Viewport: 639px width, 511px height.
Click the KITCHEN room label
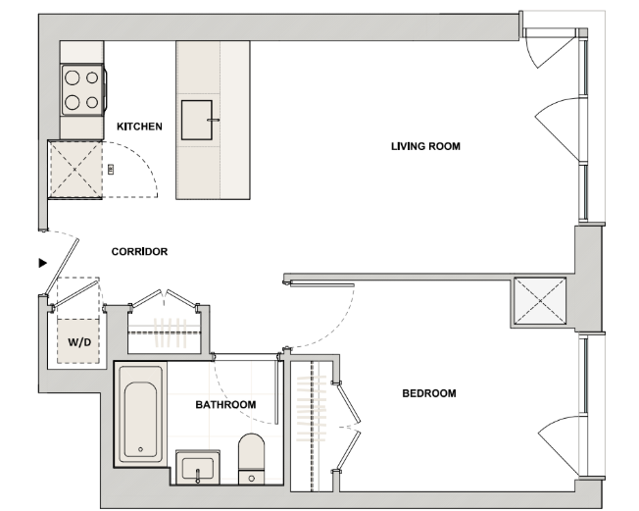(x=139, y=127)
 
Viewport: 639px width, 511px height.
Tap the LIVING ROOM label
(x=425, y=146)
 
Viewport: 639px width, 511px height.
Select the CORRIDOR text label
(x=139, y=252)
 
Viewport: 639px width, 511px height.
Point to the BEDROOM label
(x=429, y=393)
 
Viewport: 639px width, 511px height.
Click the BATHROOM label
(x=225, y=404)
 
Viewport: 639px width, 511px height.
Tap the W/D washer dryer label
(x=79, y=342)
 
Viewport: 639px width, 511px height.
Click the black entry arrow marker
(x=43, y=263)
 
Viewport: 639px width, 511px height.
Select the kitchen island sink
(x=197, y=120)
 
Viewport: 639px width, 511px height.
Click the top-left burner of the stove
(x=73, y=77)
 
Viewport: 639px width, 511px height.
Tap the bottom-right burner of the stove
(x=92, y=102)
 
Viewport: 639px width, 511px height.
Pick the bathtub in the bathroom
(x=140, y=414)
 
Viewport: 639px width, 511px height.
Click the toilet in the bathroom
(x=252, y=459)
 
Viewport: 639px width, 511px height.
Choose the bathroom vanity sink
(x=198, y=468)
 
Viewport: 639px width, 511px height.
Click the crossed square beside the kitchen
(x=75, y=169)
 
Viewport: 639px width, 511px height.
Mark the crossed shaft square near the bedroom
(x=540, y=301)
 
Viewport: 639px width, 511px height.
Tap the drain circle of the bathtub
(x=140, y=449)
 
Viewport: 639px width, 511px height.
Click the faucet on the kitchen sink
(x=213, y=120)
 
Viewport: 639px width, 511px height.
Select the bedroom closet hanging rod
(x=313, y=427)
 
